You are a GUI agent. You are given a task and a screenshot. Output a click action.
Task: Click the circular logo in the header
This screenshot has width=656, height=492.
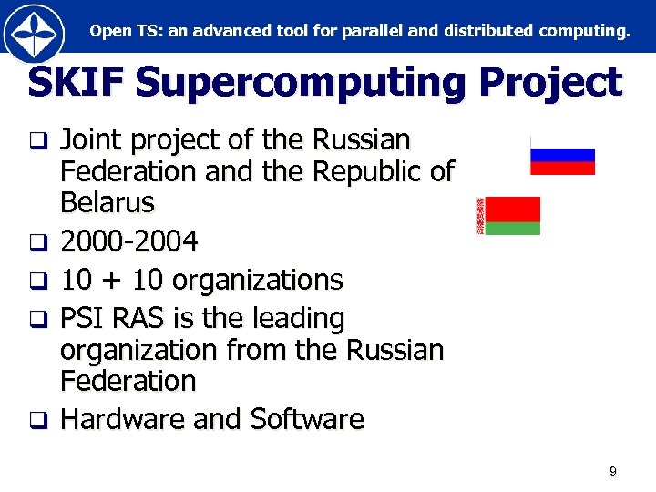(x=34, y=33)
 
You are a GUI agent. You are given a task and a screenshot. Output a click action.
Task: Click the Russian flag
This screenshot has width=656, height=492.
(x=562, y=156)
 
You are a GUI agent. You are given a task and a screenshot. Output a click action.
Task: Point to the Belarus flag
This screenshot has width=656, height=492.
(x=508, y=216)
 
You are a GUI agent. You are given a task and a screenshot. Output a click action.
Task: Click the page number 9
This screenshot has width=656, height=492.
(x=612, y=471)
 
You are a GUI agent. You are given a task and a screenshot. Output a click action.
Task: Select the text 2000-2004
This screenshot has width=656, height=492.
(x=128, y=241)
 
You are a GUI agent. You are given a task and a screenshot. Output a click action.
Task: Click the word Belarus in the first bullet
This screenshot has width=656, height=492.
(x=108, y=201)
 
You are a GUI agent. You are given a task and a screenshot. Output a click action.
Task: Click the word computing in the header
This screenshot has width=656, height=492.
(x=583, y=31)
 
